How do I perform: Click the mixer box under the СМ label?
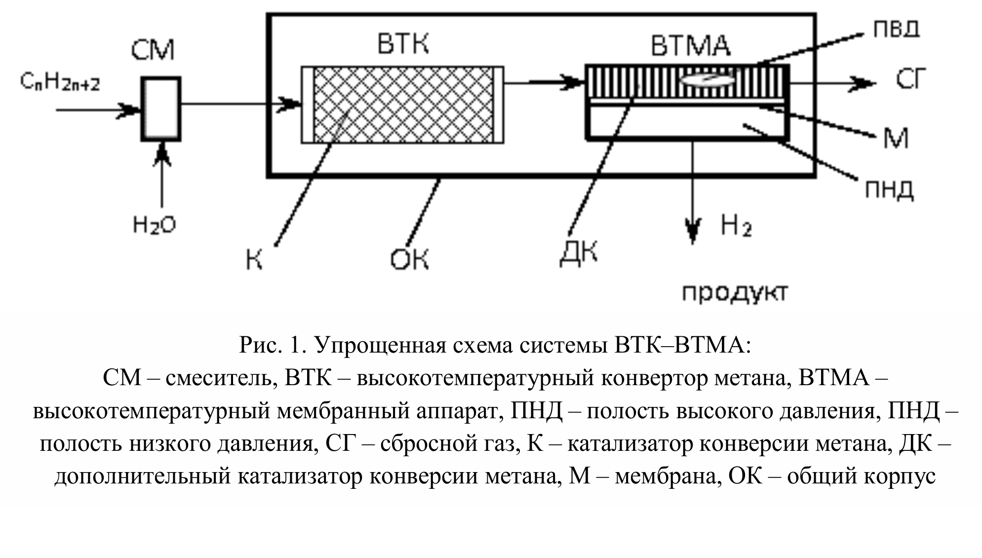coord(161,109)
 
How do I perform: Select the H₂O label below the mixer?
coord(155,225)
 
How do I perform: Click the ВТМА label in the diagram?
coord(690,45)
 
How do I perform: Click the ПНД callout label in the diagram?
coord(889,190)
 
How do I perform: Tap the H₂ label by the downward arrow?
coord(736,226)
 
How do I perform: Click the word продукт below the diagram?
coord(734,292)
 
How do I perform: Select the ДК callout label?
coord(578,253)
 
